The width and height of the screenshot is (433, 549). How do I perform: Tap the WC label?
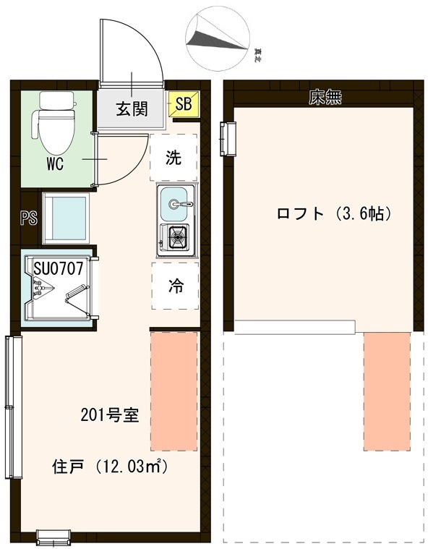point(55,163)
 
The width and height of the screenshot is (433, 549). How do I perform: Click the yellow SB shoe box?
point(183,104)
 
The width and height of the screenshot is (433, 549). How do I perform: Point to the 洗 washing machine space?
point(173,158)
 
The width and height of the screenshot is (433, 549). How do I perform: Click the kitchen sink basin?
point(175,203)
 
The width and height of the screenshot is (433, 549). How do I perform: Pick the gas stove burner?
point(176,236)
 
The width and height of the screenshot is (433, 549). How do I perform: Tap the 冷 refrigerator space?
point(174,286)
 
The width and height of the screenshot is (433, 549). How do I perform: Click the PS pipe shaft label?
point(29,218)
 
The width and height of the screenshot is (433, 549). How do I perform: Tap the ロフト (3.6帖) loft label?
point(334,213)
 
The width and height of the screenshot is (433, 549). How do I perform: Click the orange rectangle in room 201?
point(173,391)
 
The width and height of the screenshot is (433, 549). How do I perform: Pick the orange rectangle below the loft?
point(387,391)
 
